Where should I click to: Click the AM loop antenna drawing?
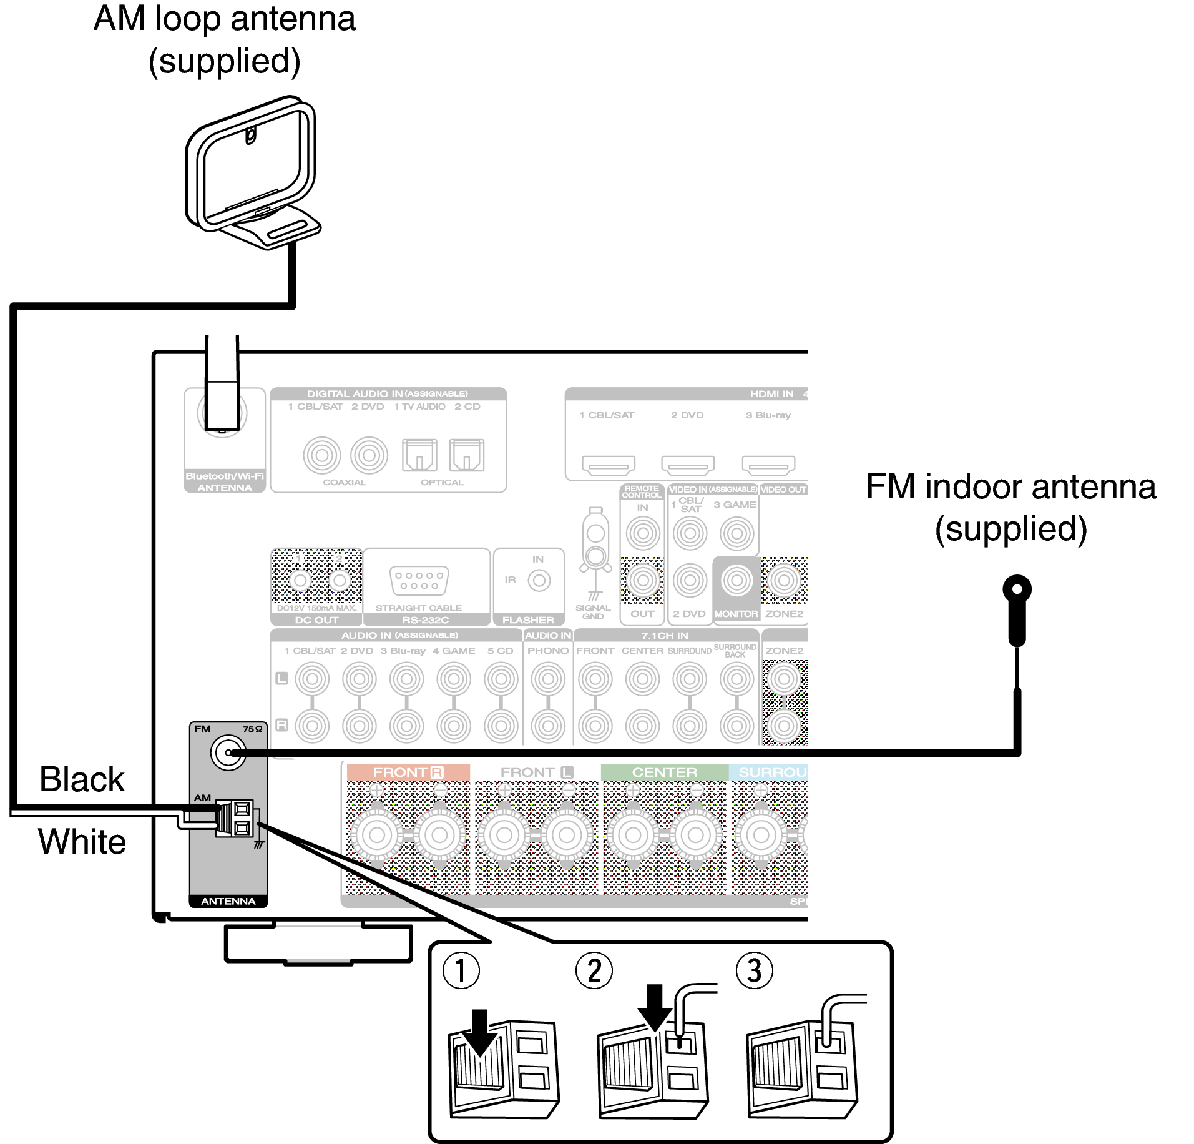[253, 172]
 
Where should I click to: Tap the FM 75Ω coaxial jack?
[228, 752]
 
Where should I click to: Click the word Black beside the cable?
[82, 779]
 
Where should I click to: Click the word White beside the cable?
[82, 841]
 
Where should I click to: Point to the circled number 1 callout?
[461, 970]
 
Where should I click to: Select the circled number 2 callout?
[594, 970]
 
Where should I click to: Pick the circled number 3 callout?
[754, 970]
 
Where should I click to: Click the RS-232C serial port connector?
[419, 581]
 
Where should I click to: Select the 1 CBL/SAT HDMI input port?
[608, 465]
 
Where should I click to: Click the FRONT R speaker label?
[408, 772]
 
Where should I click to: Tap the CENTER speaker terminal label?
[664, 772]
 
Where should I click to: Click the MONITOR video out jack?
[736, 581]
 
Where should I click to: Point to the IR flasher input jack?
[539, 581]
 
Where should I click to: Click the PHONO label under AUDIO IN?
[547, 651]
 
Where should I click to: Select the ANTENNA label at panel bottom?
[228, 901]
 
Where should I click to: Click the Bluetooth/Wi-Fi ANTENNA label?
[225, 481]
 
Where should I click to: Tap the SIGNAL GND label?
[592, 612]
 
